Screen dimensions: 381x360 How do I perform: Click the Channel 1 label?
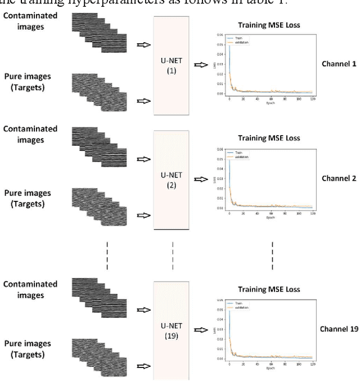(339, 64)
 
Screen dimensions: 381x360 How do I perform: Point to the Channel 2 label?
(339, 178)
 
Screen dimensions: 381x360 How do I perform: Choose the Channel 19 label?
(339, 329)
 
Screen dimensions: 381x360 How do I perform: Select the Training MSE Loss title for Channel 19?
(269, 290)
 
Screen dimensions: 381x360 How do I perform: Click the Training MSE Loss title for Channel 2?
(269, 138)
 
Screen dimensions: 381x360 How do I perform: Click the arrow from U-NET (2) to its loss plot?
(200, 180)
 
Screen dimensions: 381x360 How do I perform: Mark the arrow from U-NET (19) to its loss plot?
(200, 330)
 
